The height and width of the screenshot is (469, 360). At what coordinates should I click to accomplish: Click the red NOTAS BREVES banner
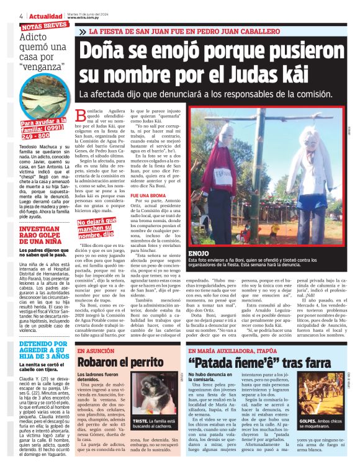[x=45, y=27]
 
